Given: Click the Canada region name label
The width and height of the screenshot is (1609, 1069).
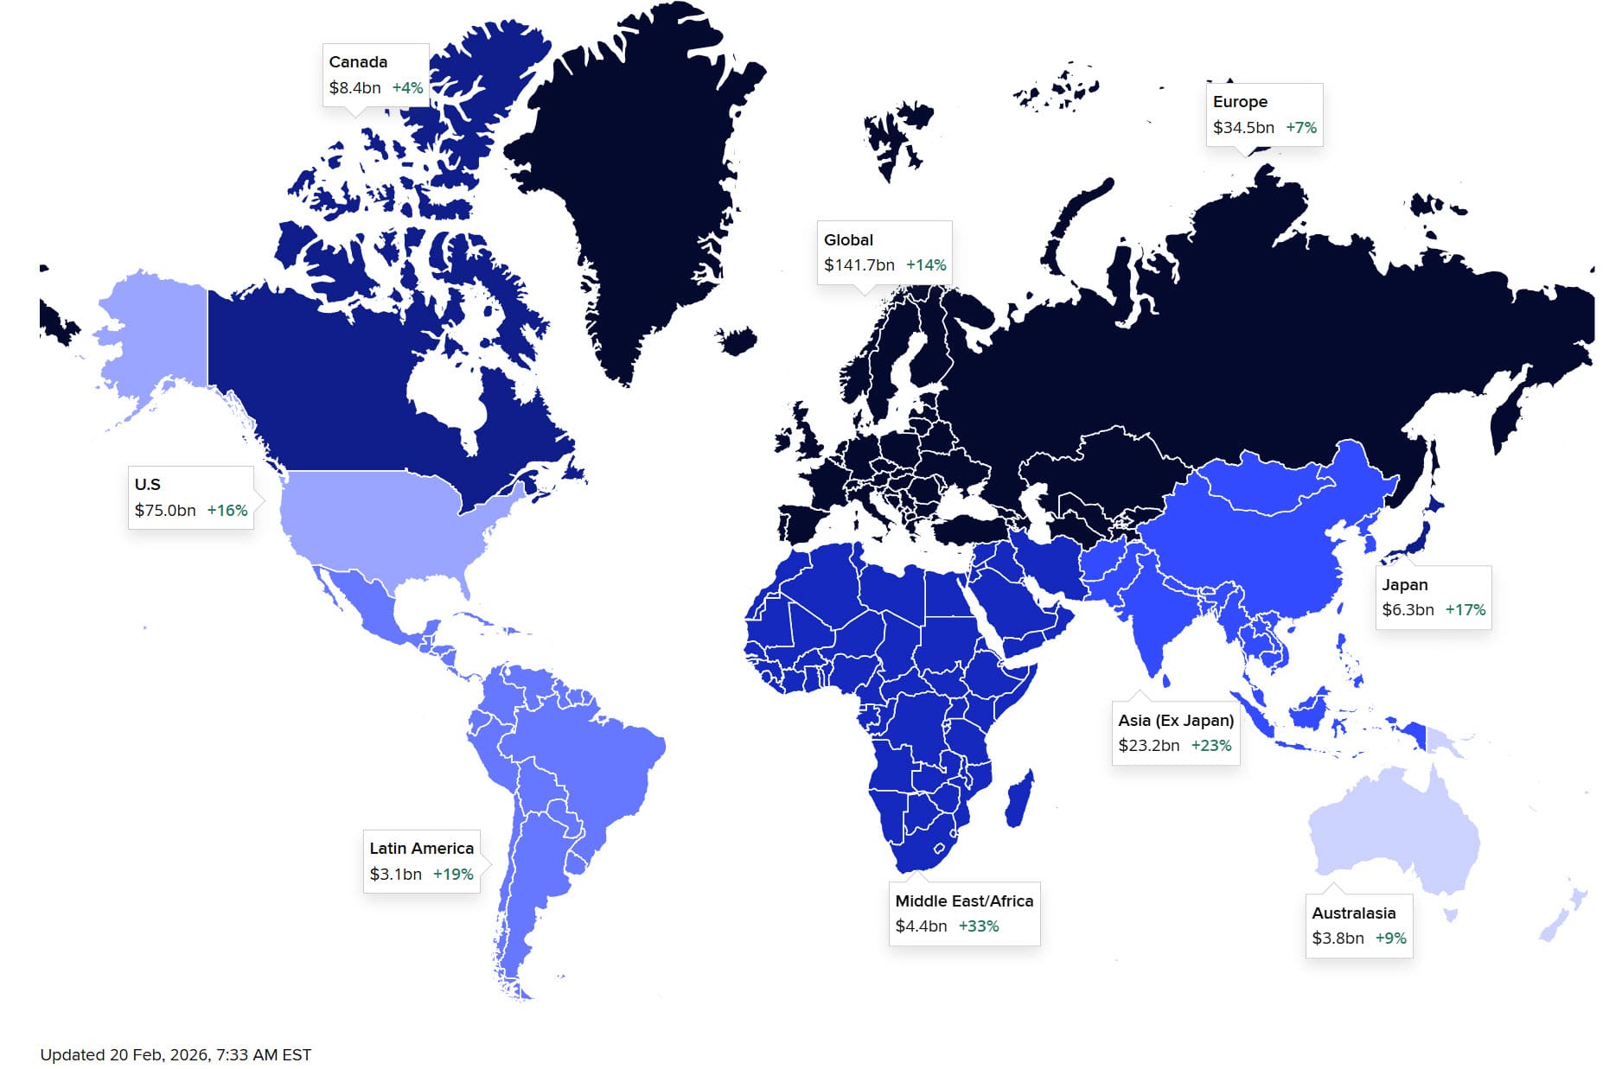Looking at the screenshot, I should click(x=358, y=62).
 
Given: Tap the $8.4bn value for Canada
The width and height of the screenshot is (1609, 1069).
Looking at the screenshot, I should click(x=354, y=88).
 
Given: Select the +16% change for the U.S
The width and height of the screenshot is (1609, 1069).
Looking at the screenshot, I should click(x=227, y=511).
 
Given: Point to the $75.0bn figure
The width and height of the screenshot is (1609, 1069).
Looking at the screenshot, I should click(x=165, y=511).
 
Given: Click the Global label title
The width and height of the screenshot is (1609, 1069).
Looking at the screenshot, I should click(x=848, y=240).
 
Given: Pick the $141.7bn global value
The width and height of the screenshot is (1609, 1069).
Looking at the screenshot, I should click(x=859, y=265).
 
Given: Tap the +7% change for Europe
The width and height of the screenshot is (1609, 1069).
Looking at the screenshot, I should click(x=1300, y=128).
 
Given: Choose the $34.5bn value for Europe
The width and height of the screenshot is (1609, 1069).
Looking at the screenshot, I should click(x=1243, y=128).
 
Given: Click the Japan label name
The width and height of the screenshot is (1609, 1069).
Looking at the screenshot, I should click(x=1404, y=585).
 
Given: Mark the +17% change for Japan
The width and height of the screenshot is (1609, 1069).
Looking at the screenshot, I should click(x=1465, y=610).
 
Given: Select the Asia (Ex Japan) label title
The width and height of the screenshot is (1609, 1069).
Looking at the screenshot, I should click(x=1176, y=721).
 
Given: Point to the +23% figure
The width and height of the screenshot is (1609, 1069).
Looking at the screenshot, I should click(x=1210, y=746).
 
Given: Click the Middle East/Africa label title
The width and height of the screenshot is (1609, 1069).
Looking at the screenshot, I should click(x=964, y=901).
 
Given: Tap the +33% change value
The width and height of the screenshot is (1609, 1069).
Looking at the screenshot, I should click(x=978, y=926).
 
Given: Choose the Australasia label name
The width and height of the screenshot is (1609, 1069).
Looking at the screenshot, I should click(x=1353, y=913).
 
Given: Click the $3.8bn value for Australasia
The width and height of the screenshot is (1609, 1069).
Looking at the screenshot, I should click(x=1338, y=939).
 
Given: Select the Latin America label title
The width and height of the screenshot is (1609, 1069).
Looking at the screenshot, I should click(x=421, y=849).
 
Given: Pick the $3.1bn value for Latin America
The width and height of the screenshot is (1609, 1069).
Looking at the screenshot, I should click(x=395, y=875).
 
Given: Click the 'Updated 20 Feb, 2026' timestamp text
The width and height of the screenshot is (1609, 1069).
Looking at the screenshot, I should click(x=176, y=1055).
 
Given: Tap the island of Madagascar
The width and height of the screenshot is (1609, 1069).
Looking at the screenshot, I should click(x=1019, y=799).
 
